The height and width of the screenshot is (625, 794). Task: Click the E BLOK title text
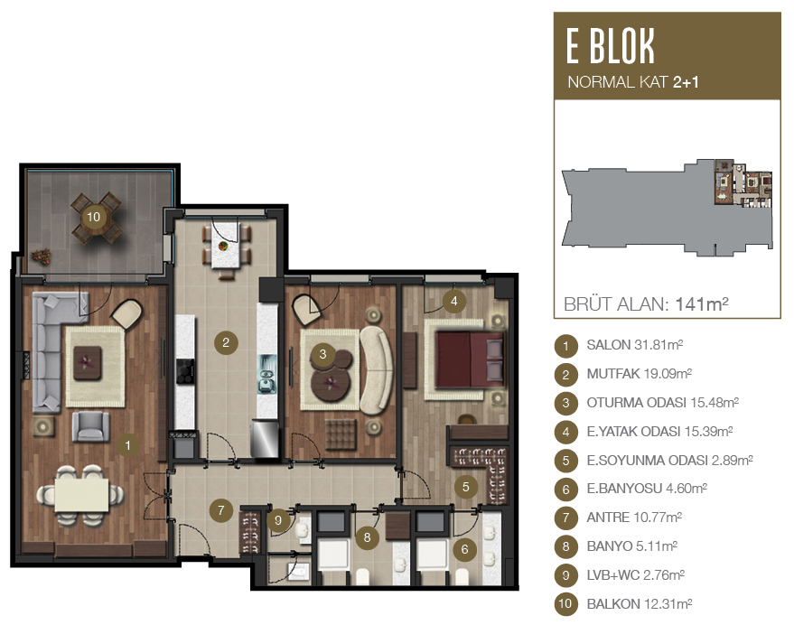point(611,46)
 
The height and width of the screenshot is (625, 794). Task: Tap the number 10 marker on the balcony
point(93,217)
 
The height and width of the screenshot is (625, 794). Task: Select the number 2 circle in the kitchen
point(226,343)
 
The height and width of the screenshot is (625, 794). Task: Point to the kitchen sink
point(266,374)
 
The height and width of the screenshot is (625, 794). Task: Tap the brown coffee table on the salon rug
point(88,363)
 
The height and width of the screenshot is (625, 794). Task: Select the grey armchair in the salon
point(90,426)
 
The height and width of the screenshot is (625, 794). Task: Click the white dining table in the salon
point(81,495)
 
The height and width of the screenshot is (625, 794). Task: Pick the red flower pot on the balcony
point(42,257)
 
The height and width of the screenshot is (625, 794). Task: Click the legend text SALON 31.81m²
point(634,345)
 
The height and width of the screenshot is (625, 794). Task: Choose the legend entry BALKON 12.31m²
point(639,603)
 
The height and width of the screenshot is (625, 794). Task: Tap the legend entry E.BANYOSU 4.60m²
point(647,489)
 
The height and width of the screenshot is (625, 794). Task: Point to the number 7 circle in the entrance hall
point(220,510)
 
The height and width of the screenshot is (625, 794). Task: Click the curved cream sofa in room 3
point(376,368)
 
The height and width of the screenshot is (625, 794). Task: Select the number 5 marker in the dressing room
point(465,487)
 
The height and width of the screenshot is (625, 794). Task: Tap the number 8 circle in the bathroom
point(367,537)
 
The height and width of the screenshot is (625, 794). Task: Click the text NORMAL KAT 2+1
point(633,82)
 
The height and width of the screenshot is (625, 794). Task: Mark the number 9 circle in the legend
point(565,575)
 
